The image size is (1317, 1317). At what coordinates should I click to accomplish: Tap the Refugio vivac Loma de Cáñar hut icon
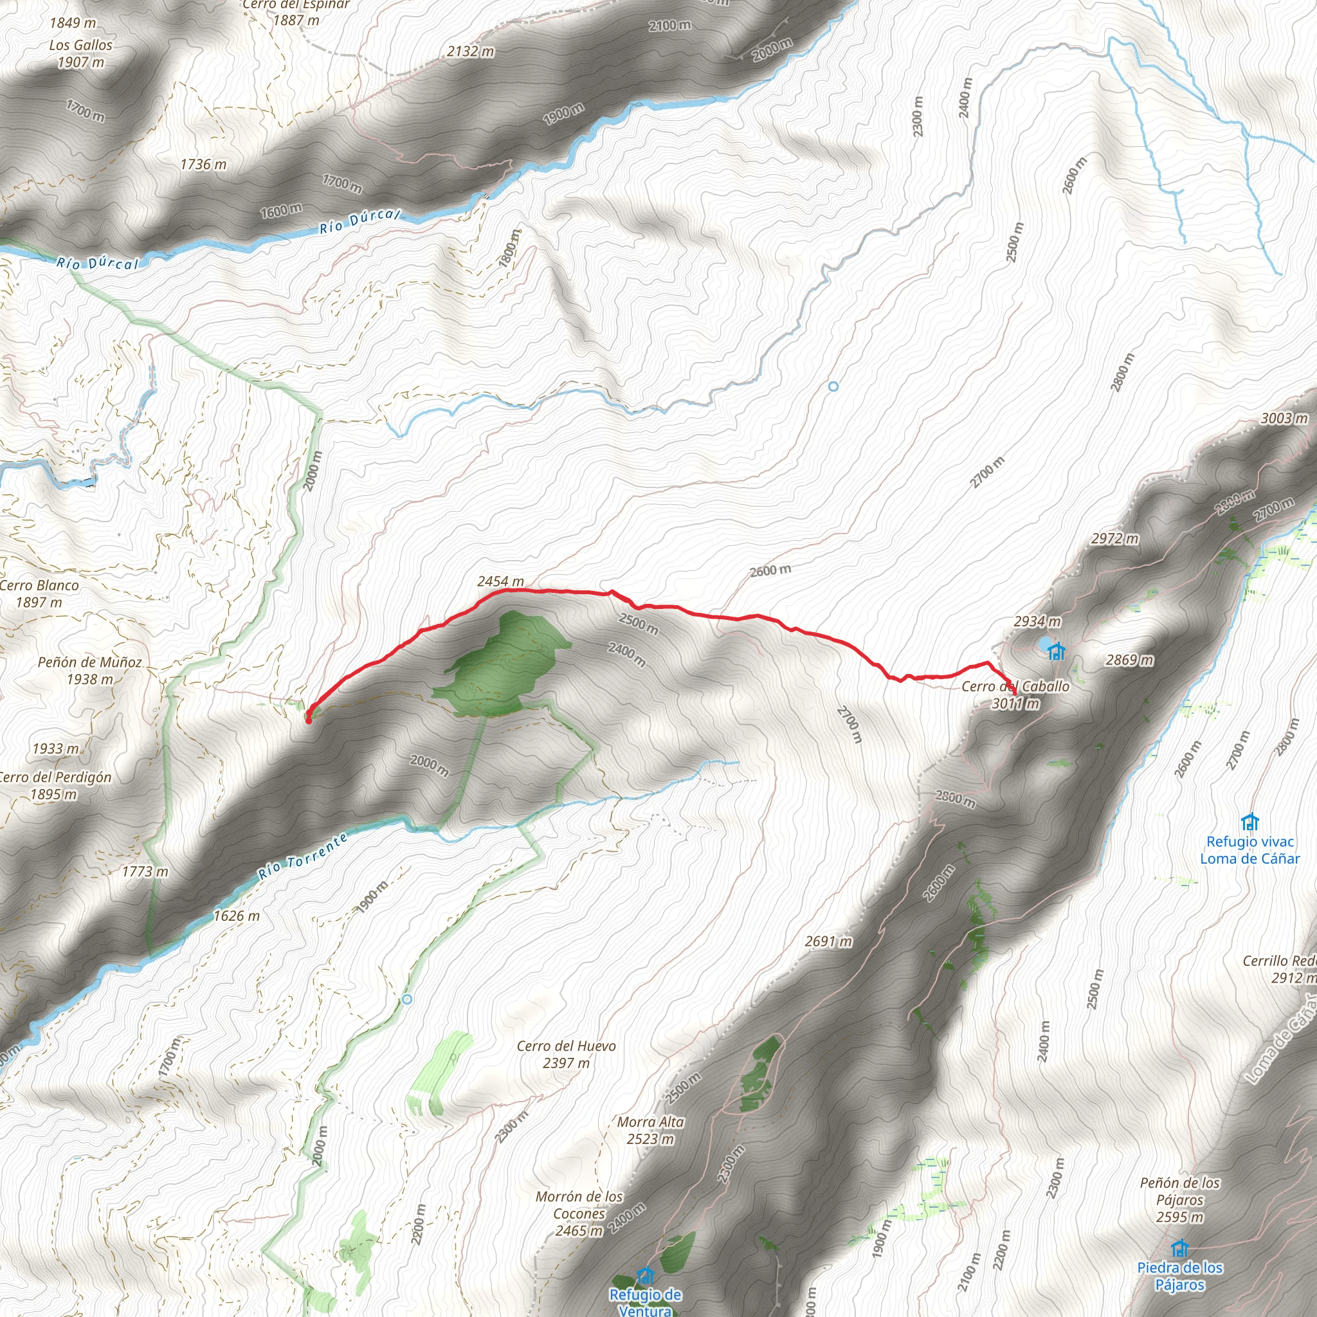(x=1249, y=821)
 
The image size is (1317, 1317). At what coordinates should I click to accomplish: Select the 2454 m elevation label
(x=500, y=581)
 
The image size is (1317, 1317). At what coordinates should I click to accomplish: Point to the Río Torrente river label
(x=303, y=857)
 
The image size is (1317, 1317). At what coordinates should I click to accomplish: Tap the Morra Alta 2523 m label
(x=650, y=1131)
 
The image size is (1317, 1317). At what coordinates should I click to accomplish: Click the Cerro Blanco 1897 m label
(x=39, y=594)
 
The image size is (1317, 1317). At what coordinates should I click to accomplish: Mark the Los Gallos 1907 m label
(x=80, y=54)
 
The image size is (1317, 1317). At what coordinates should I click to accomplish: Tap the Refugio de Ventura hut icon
(x=645, y=1274)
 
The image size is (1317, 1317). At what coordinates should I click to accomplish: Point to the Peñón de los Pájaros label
(x=1180, y=1200)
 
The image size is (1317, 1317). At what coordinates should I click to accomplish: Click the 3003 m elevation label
(x=1284, y=418)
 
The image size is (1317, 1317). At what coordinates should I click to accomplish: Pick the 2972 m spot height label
(x=1114, y=538)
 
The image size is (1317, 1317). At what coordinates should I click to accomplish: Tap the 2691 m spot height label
(x=828, y=941)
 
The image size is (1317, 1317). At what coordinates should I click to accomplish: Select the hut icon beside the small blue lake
(x=1056, y=651)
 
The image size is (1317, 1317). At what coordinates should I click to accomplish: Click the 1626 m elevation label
(x=237, y=916)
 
